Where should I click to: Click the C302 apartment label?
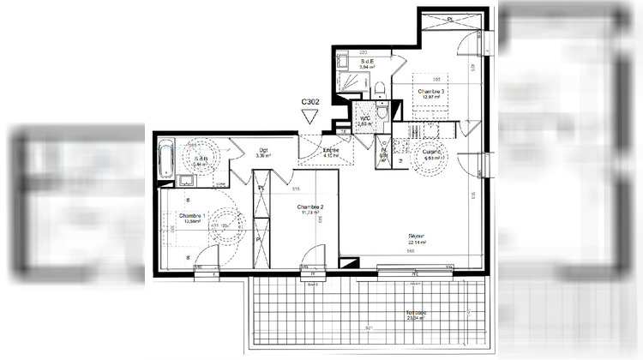[x=312, y=102]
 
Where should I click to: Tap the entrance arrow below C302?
[x=311, y=118]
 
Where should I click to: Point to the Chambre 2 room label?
[x=309, y=207]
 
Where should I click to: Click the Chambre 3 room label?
[x=431, y=91]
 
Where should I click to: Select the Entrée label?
[x=330, y=151]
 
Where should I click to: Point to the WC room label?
[x=364, y=118]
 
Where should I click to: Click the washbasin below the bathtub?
[x=185, y=179]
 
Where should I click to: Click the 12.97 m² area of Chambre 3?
[x=431, y=99]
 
